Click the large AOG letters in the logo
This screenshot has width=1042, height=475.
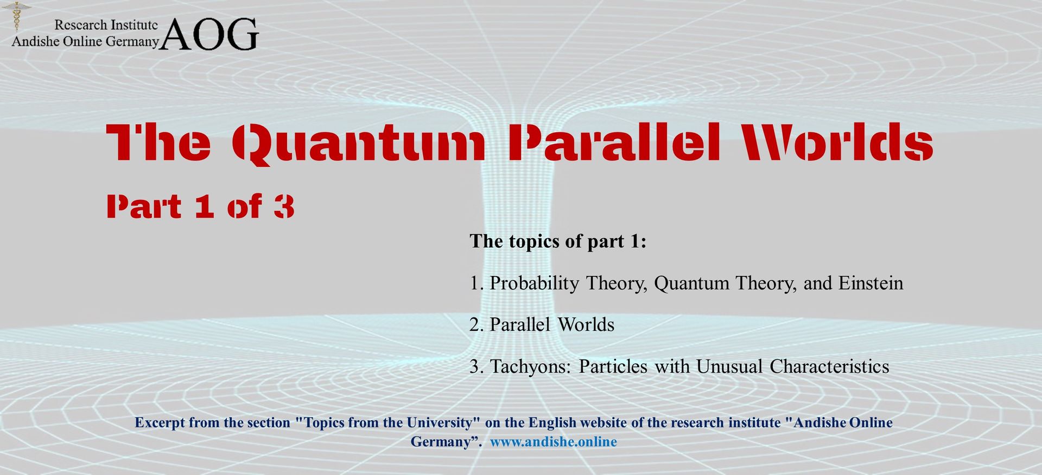(x=209, y=34)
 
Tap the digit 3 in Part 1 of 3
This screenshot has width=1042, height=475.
(x=284, y=207)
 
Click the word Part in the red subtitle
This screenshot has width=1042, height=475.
(x=144, y=207)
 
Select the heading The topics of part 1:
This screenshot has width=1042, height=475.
(x=558, y=241)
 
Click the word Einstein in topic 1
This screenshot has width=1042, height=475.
(x=871, y=283)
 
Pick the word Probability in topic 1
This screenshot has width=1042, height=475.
(x=535, y=284)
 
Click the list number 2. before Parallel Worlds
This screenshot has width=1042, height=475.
(x=476, y=325)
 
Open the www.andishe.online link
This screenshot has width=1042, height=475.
(x=554, y=442)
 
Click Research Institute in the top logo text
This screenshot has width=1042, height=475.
(x=106, y=25)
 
